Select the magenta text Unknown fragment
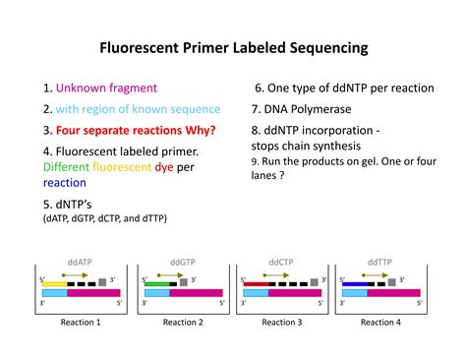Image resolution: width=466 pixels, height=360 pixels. point(104,89)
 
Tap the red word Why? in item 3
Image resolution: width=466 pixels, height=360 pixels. point(196,130)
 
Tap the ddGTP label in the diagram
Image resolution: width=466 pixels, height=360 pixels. point(183,263)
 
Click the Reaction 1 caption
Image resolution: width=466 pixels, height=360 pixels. point(81,322)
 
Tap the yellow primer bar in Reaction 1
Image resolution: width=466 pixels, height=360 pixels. point(55,283)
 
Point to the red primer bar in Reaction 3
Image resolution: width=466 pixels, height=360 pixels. point(256,283)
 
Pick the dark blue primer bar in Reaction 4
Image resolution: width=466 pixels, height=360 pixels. point(355,283)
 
